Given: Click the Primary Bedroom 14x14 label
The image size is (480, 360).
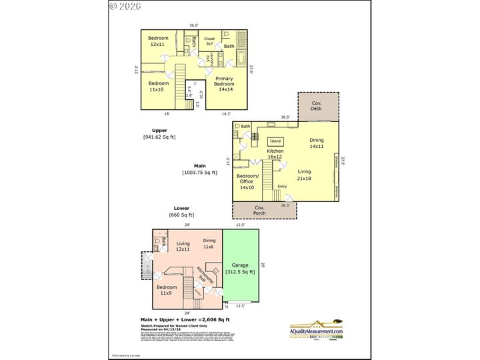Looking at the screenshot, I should click(x=224, y=84).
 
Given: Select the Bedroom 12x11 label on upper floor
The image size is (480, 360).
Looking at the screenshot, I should click(x=159, y=41).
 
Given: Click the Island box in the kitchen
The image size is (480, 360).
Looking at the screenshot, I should click(x=275, y=141).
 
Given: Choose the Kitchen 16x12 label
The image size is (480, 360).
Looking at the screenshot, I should click(x=276, y=155).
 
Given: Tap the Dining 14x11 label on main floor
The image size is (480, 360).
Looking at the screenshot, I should click(x=317, y=143).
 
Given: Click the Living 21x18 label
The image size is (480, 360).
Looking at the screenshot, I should click(x=304, y=175).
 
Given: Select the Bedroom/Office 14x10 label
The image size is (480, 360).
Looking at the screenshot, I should click(x=247, y=181).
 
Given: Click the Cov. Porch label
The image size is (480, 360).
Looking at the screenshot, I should click(x=260, y=211).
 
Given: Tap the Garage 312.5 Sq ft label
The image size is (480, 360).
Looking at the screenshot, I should click(x=239, y=268).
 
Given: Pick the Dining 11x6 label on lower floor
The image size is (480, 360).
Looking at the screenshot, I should click(x=209, y=243).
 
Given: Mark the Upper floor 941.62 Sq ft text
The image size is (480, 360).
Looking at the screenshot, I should click(x=159, y=133).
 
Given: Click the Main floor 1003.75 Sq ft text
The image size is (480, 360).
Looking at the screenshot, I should click(x=199, y=169).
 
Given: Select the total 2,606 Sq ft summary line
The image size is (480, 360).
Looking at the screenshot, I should click(x=185, y=319).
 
